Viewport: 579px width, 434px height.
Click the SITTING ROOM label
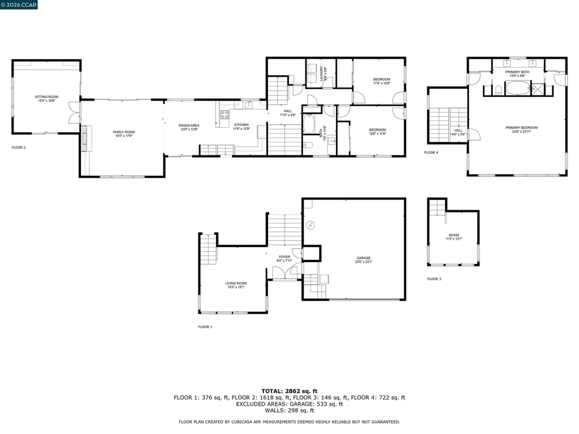46,97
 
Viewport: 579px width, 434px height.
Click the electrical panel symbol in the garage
310,226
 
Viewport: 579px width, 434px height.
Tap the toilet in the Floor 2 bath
309,145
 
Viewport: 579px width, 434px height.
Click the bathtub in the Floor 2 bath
309,123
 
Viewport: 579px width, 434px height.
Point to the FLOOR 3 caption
434,279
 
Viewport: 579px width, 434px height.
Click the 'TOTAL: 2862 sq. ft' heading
289,391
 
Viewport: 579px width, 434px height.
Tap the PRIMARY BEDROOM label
521,128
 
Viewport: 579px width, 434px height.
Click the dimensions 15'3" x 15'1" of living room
236,287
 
